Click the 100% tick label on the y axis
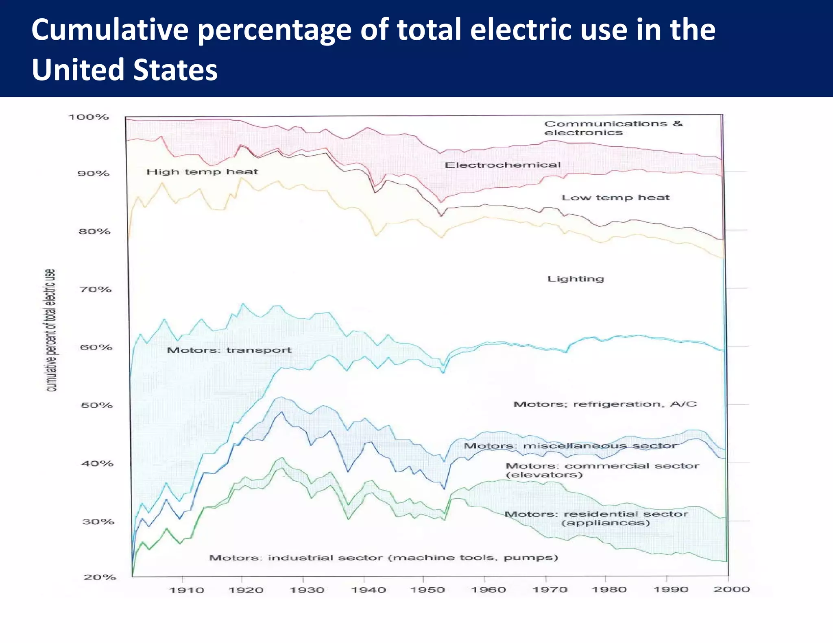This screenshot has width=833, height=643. (x=88, y=117)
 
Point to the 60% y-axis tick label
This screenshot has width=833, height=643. (x=95, y=347)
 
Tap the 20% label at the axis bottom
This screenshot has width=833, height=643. (x=100, y=577)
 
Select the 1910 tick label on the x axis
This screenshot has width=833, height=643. (x=186, y=590)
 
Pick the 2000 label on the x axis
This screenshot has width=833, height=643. (x=731, y=589)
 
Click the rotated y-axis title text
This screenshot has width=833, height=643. (x=50, y=330)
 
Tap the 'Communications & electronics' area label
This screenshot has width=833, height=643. (x=613, y=128)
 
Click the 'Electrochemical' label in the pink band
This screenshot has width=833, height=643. (x=502, y=165)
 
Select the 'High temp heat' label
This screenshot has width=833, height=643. (x=202, y=172)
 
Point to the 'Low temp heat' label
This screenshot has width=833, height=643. (x=615, y=198)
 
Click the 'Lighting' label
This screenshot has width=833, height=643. (x=576, y=279)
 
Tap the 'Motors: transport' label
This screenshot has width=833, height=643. (x=229, y=350)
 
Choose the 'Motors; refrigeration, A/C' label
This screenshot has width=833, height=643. (x=605, y=404)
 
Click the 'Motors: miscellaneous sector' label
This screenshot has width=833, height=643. (x=570, y=446)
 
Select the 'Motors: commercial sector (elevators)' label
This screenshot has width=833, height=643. (x=602, y=470)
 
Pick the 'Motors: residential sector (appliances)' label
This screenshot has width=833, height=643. (x=596, y=518)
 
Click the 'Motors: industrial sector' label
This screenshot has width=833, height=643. (x=383, y=558)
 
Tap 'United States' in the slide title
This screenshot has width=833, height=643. (x=124, y=70)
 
